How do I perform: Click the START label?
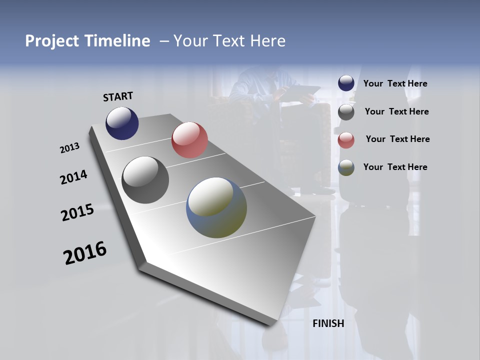[x=118, y=96]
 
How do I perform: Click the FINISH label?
[x=328, y=323]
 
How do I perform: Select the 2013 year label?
[x=69, y=148]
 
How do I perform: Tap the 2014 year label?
[x=73, y=177]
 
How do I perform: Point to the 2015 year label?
[x=77, y=212]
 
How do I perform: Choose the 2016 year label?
[x=85, y=253]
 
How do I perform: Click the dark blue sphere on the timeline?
[x=122, y=123]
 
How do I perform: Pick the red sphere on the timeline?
[x=189, y=140]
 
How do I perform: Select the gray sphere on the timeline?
[x=145, y=180]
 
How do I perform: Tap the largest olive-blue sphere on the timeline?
[x=216, y=207]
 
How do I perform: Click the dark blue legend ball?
[x=346, y=83]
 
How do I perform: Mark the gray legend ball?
[x=346, y=112]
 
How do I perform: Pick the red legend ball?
[x=346, y=140]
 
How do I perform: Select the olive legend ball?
[x=346, y=167]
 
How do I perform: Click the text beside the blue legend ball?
[x=395, y=83]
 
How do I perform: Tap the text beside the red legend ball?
[x=397, y=139]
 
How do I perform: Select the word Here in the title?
[x=267, y=41]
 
